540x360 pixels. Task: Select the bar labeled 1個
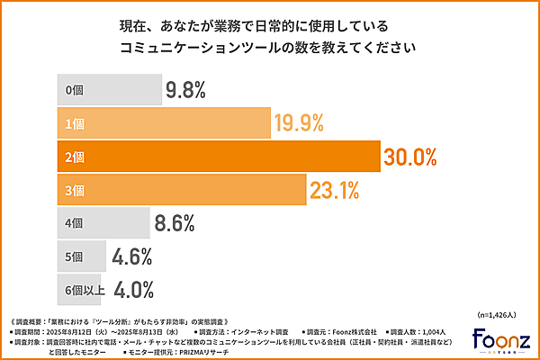click(163, 123)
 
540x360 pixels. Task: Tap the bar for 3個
click(180, 190)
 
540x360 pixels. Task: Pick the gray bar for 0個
click(108, 90)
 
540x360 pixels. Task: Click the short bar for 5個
click(82, 256)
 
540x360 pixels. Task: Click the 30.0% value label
click(410, 157)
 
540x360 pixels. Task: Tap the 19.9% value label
click(300, 123)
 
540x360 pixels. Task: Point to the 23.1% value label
click(335, 190)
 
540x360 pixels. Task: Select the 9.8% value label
click(186, 90)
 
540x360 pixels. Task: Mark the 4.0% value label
click(132, 290)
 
